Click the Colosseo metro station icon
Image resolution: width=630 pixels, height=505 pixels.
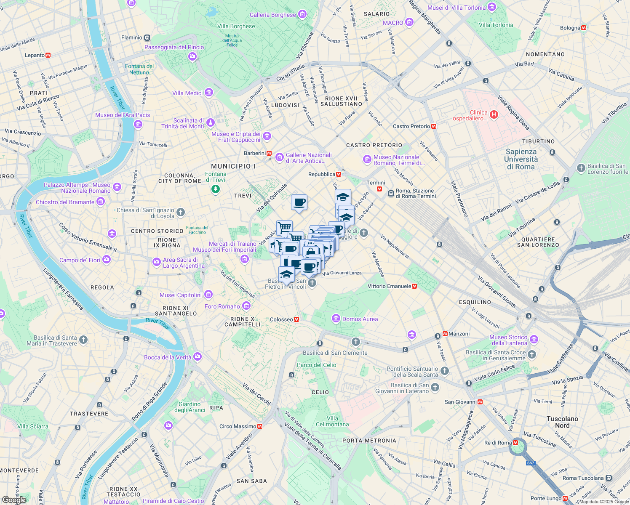coord(296,319)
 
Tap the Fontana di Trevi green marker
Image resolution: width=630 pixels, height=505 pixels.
coord(216,189)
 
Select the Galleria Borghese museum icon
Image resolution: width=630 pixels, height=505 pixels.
coord(302,15)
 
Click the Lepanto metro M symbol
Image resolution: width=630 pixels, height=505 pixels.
coord(48,55)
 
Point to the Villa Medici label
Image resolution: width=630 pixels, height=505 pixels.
coord(187,93)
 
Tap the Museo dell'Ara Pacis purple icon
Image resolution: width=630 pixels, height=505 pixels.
coord(138,124)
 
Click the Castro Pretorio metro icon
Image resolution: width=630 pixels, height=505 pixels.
coord(434,126)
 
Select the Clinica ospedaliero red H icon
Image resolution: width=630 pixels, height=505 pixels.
coord(494,114)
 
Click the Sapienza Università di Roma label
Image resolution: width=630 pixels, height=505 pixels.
coord(521,159)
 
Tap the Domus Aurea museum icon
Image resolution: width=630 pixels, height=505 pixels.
coord(336,319)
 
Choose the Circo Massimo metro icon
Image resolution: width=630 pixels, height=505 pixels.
coord(260,426)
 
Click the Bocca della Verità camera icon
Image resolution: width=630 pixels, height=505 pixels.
coord(198,357)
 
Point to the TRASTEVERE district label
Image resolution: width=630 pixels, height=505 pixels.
coord(89,414)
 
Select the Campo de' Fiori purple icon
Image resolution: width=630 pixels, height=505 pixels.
coord(107,260)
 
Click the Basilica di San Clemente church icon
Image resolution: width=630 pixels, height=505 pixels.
coord(356,342)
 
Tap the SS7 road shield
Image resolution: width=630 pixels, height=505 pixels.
coord(530,463)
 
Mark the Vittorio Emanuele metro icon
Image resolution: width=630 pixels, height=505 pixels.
coord(414,286)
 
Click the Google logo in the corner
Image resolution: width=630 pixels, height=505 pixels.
coord(14,500)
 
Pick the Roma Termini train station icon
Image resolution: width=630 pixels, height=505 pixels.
coord(391,193)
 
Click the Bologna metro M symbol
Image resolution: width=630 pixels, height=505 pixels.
coord(584,28)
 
